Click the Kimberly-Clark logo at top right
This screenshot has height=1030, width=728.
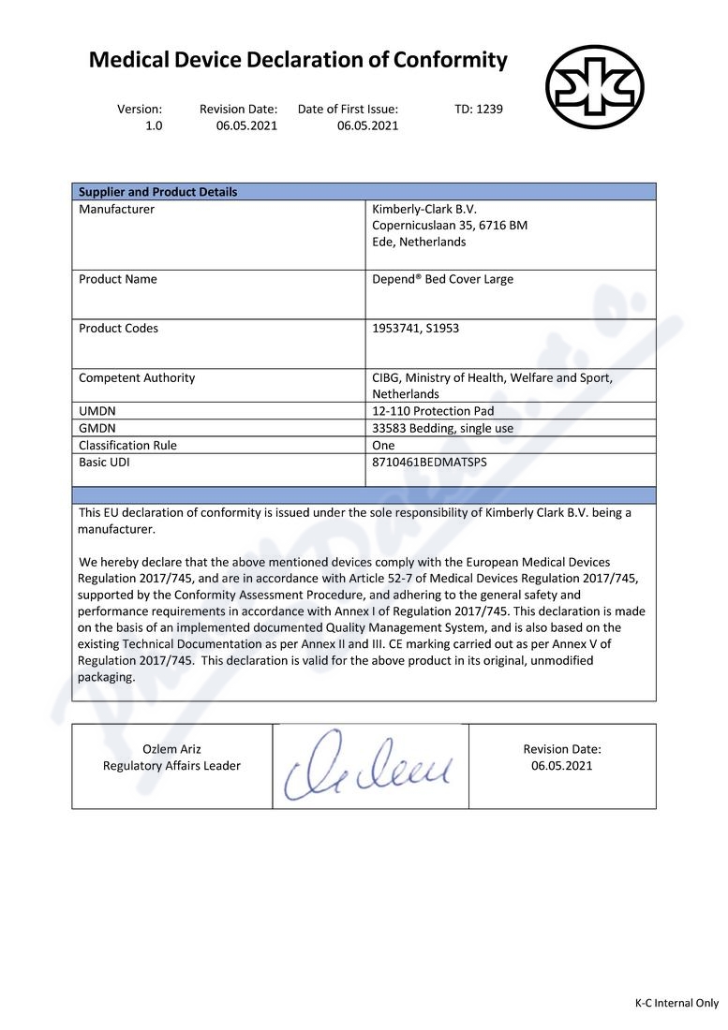click(595, 87)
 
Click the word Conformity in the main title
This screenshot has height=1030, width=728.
click(451, 61)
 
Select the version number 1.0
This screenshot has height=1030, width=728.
click(154, 125)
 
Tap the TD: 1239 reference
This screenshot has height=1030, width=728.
click(479, 109)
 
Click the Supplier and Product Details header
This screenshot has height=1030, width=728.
click(157, 192)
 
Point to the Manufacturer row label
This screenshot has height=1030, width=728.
click(116, 209)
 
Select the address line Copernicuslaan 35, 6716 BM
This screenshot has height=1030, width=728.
click(450, 226)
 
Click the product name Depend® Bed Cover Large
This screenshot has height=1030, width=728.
click(442, 279)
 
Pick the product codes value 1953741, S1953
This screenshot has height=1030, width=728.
click(415, 329)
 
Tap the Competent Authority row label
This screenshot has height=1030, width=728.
click(137, 378)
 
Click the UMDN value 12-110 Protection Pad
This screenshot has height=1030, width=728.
click(433, 411)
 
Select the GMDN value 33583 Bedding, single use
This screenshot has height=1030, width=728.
click(442, 428)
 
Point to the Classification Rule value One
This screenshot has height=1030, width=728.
click(383, 446)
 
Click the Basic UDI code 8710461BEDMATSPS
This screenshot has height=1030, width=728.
click(429, 463)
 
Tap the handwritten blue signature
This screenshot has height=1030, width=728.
click(370, 766)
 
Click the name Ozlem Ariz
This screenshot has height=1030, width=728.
click(171, 749)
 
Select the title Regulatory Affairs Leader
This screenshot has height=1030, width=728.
click(171, 766)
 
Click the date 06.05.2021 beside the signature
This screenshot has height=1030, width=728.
click(562, 766)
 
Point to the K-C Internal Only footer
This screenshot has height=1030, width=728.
click(676, 1003)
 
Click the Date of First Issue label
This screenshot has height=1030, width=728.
click(348, 109)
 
